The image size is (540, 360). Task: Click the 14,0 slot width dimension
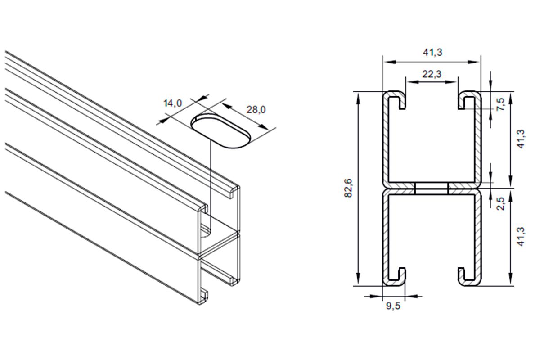pos(173,103)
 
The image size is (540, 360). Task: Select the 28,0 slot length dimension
pos(256,110)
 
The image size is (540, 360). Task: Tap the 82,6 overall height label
pos(348,188)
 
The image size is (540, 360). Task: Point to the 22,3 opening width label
pos(432,74)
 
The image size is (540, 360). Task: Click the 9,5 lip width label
pos(393,306)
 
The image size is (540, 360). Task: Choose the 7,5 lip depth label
pos(500,104)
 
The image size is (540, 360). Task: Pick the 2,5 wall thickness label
pos(500,204)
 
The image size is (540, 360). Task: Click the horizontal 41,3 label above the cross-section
pos(432,52)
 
